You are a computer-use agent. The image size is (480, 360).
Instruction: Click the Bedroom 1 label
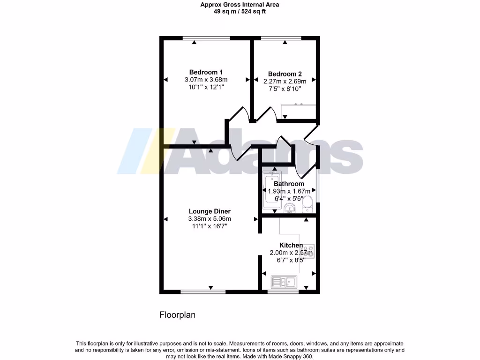coord(206,72)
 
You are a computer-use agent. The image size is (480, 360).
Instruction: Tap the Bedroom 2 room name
coord(285,74)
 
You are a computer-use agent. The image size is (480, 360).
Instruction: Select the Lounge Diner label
coord(210,211)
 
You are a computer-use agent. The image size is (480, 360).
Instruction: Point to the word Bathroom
coord(289,184)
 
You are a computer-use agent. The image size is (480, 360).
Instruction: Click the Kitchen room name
coord(291,245)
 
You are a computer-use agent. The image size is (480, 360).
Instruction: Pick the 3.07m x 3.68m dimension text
coord(206,80)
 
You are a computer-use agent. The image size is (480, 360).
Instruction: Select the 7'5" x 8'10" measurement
coord(285,88)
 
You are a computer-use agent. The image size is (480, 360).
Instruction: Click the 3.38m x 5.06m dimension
coord(210,219)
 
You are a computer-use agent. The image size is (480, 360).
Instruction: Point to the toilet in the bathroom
coord(307,204)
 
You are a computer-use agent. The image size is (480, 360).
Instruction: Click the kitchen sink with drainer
coord(284,282)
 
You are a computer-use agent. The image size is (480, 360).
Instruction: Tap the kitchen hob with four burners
coord(309,251)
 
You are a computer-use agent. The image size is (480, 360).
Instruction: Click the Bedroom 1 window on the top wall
coord(206,38)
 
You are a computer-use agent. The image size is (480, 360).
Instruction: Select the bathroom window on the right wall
coord(318,186)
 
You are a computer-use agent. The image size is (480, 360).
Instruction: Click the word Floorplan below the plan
coord(177,315)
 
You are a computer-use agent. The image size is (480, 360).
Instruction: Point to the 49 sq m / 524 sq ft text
coord(240,12)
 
